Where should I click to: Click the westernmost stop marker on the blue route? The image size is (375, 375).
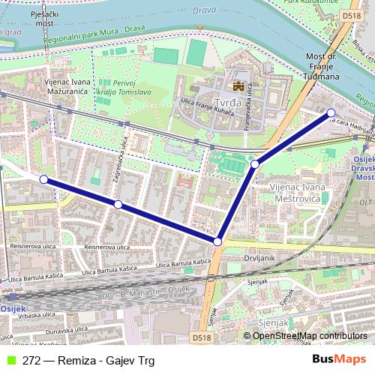pyautogui.click(x=44, y=179)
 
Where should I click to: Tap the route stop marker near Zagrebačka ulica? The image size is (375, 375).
pyautogui.click(x=118, y=204)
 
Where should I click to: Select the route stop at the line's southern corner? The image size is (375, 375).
pyautogui.click(x=217, y=241)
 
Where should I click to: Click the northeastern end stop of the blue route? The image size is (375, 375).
pyautogui.click(x=331, y=113)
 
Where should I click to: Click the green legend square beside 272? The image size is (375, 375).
pyautogui.click(x=10, y=361)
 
